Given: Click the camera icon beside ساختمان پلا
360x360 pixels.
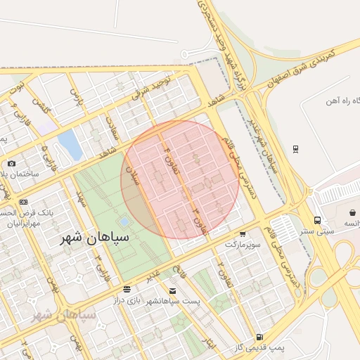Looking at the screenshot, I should (11, 163).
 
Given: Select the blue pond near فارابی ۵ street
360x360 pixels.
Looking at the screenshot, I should (70, 144).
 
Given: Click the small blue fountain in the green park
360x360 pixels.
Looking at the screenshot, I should (124, 221).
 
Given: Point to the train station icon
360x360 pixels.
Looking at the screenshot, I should (295, 148).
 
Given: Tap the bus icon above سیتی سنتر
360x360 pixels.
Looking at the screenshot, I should (318, 220).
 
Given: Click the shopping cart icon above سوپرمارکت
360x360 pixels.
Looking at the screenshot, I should (243, 234).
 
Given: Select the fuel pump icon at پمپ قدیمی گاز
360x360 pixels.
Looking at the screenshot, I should (260, 337).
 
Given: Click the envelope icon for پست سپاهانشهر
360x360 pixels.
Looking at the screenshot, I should (173, 290).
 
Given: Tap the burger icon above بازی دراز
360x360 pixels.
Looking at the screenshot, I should (127, 289).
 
